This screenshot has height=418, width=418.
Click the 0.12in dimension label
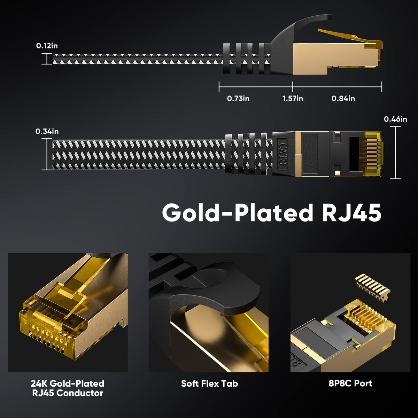click(47, 46)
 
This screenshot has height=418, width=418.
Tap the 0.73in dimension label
click(238, 99)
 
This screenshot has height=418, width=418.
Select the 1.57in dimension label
click(293, 99)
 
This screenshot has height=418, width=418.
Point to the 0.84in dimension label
click(343, 99)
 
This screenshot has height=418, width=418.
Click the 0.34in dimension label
click(47, 131)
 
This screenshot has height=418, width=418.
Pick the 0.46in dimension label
click(395, 119)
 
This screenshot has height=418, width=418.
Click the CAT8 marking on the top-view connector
click(281, 153)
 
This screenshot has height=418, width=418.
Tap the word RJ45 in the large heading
click(351, 212)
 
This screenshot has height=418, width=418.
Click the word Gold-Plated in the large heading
click(237, 212)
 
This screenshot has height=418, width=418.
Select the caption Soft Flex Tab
click(209, 384)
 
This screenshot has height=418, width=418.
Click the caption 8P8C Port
click(350, 383)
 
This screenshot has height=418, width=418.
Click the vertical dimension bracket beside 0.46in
click(395, 153)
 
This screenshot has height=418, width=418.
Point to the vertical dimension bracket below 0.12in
click(47, 59)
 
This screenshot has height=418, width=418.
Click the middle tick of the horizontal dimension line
click(293, 87)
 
